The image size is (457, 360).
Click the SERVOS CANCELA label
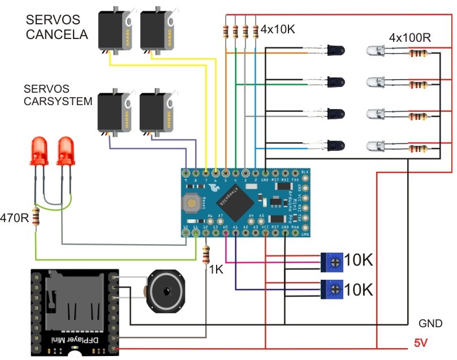[x=57, y=27]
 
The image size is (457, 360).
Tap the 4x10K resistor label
[x=279, y=28]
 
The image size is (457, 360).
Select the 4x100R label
[x=411, y=38]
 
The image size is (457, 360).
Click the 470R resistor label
[x=14, y=217]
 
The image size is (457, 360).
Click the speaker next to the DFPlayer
[x=165, y=290]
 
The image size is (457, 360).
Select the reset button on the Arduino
[x=192, y=201]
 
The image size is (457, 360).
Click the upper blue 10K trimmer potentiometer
[x=334, y=262]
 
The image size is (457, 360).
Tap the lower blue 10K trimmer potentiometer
[x=334, y=289]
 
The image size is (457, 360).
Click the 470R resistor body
[x=37, y=217]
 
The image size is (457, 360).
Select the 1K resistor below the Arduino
[x=205, y=255]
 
